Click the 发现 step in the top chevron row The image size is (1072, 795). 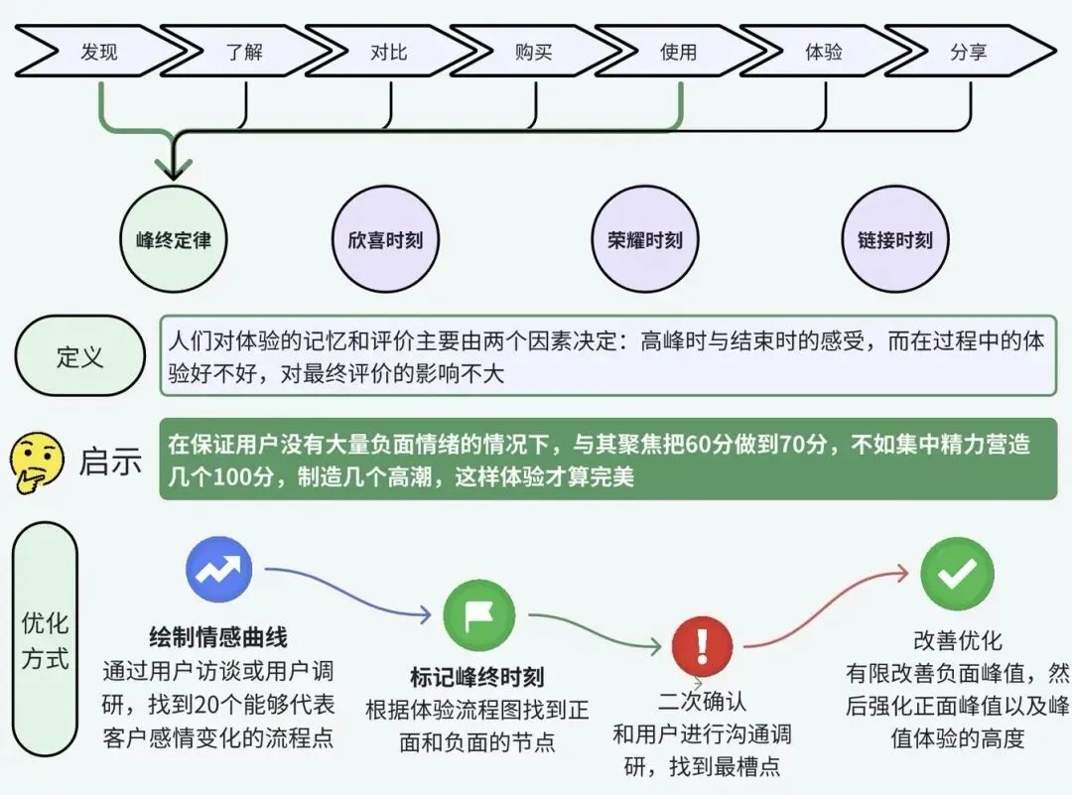[99, 52]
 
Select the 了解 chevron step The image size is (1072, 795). [244, 52]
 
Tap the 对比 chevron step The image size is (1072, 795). [389, 52]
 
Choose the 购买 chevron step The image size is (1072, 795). [534, 52]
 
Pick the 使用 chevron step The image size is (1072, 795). [679, 52]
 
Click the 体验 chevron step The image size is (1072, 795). [824, 52]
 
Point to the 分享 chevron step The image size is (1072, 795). [969, 52]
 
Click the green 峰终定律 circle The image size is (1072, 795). [174, 239]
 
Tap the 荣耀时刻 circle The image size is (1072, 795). [645, 239]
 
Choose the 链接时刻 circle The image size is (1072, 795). [894, 239]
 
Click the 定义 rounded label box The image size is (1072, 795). [80, 356]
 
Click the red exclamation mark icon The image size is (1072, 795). [702, 646]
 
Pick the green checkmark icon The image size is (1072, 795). [957, 573]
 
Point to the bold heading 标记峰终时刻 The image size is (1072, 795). [477, 678]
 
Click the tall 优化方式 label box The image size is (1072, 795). [46, 639]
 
